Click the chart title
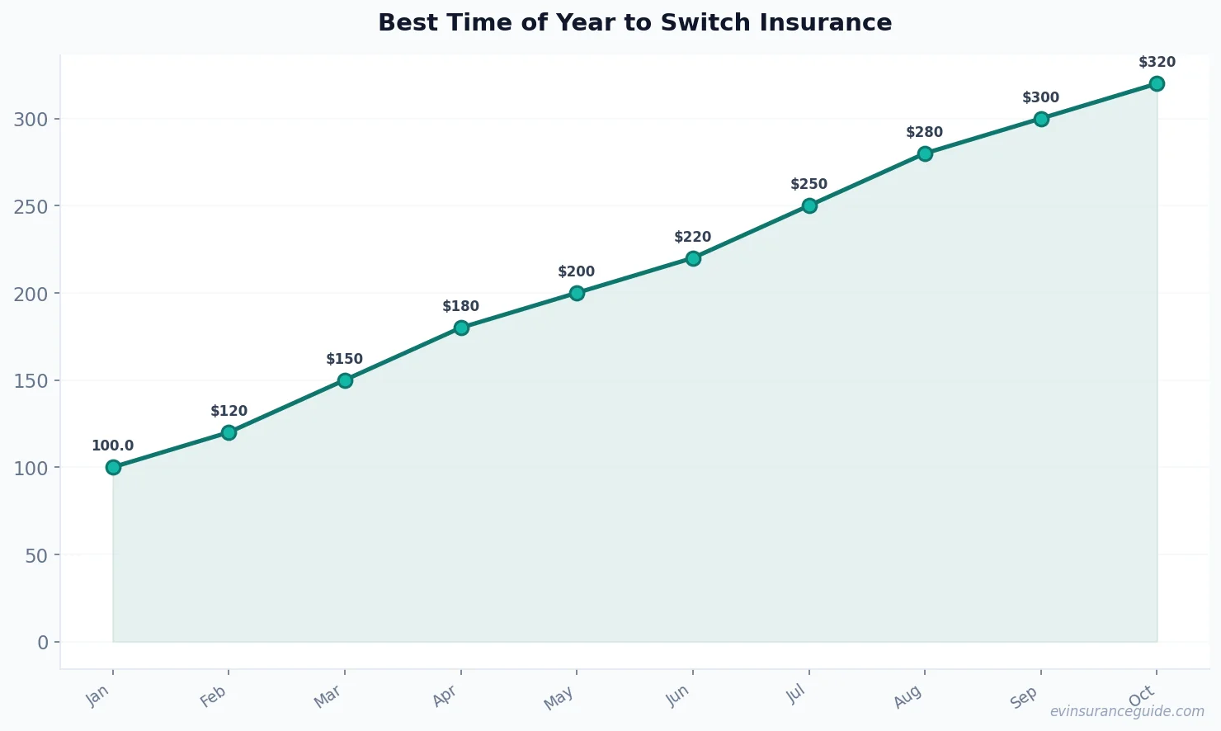tap(634, 22)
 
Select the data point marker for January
tap(113, 467)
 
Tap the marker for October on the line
tap(1157, 83)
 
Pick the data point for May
tap(577, 293)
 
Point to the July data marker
tap(809, 205)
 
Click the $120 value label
tap(229, 411)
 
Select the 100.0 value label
tap(112, 446)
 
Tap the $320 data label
tap(1157, 62)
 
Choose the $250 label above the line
tap(808, 184)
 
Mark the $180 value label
tap(460, 306)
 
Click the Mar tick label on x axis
tap(328, 698)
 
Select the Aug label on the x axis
tap(907, 698)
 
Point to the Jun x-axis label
tap(676, 697)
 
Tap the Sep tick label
tap(1024, 698)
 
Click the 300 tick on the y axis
tap(31, 119)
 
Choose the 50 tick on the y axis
tap(36, 555)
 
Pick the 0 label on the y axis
tap(43, 642)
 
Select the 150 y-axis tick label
tap(31, 380)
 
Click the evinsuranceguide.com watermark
tap(1127, 711)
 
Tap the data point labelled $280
tap(925, 153)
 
